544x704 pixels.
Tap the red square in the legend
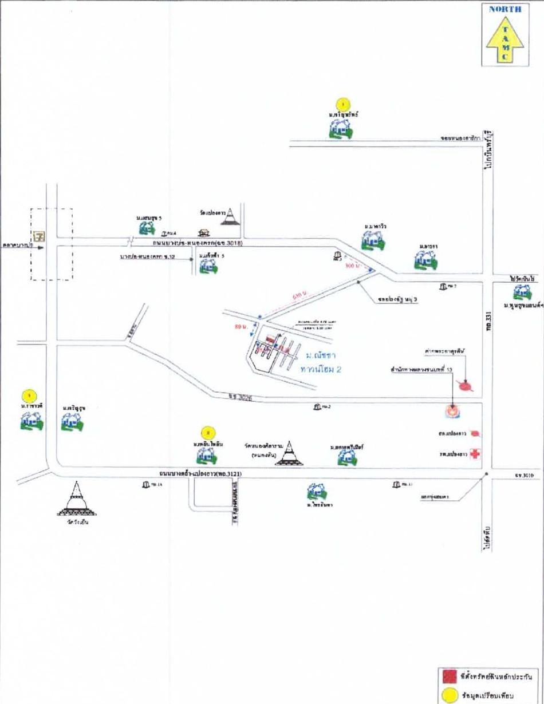coord(447,674)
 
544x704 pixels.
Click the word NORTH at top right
coord(504,9)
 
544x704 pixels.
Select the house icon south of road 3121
coord(316,491)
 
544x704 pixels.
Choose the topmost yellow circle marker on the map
coord(342,104)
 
